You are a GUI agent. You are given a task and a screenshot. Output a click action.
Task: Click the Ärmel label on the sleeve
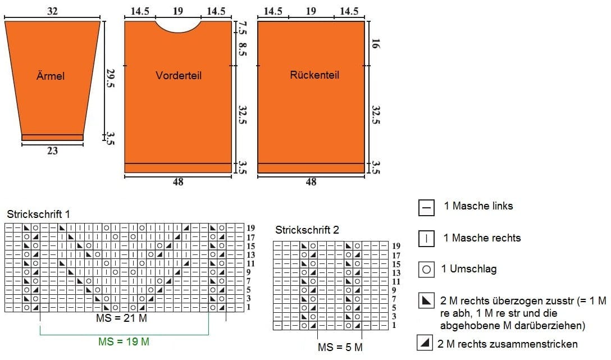(51, 75)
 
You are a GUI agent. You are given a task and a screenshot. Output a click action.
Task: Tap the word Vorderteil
(179, 75)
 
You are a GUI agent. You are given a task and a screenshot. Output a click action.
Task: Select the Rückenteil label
(314, 75)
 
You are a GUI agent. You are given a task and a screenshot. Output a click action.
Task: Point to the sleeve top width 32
(52, 11)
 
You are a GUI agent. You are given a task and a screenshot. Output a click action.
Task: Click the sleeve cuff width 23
(52, 151)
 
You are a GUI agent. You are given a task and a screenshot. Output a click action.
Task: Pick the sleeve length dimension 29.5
(110, 78)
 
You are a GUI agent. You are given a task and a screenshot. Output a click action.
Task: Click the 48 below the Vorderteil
(178, 181)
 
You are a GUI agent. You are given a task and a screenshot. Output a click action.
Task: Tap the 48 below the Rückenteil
(311, 181)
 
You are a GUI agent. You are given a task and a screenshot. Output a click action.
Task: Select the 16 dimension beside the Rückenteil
(375, 43)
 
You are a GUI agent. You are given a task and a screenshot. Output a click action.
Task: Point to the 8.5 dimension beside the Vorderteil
(242, 49)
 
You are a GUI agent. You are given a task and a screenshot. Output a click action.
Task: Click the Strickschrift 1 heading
(38, 214)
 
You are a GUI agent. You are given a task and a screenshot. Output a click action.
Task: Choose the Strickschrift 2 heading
(307, 230)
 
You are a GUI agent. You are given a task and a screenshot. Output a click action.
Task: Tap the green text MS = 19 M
(124, 341)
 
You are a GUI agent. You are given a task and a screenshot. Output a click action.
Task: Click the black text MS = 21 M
(121, 318)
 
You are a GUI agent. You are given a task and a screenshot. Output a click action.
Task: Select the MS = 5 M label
(340, 347)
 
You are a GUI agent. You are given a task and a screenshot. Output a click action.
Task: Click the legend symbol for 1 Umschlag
(426, 269)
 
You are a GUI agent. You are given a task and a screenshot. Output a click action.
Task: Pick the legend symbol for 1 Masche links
(426, 207)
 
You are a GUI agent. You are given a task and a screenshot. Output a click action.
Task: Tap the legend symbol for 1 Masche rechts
(426, 239)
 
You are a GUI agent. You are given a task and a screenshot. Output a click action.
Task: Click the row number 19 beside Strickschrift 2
(396, 246)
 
